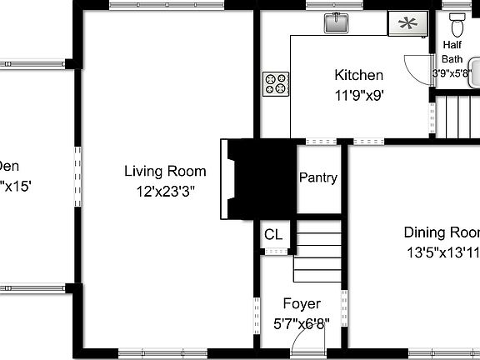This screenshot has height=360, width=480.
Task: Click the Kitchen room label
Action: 359,75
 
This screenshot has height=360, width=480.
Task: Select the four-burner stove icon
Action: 277,82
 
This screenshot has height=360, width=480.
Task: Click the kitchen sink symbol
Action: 336,22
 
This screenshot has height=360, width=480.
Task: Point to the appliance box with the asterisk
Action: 407,23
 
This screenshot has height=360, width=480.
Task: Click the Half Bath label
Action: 452,52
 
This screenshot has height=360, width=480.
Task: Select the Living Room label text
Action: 165,172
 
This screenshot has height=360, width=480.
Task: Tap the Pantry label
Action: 317,177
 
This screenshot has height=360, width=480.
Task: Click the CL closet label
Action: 273,234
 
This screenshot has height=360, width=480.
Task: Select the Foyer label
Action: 301,303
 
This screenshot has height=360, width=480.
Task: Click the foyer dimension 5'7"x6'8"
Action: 301,322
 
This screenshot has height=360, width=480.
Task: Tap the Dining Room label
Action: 442,232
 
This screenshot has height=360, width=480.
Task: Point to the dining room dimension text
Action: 442,251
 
